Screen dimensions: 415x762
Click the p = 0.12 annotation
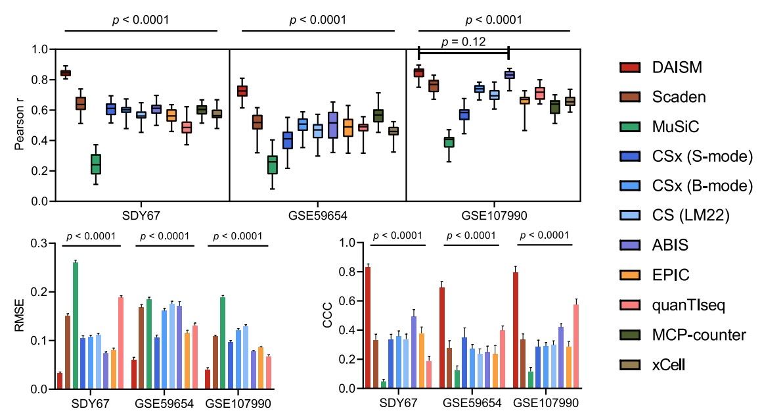(x=463, y=42)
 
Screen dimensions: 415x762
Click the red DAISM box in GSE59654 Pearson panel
(x=242, y=91)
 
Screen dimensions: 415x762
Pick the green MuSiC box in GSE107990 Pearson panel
(x=449, y=142)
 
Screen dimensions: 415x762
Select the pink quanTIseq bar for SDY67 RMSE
(x=120, y=343)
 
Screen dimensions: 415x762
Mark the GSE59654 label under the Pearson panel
(x=317, y=215)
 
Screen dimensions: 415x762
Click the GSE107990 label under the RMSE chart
(x=238, y=403)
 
